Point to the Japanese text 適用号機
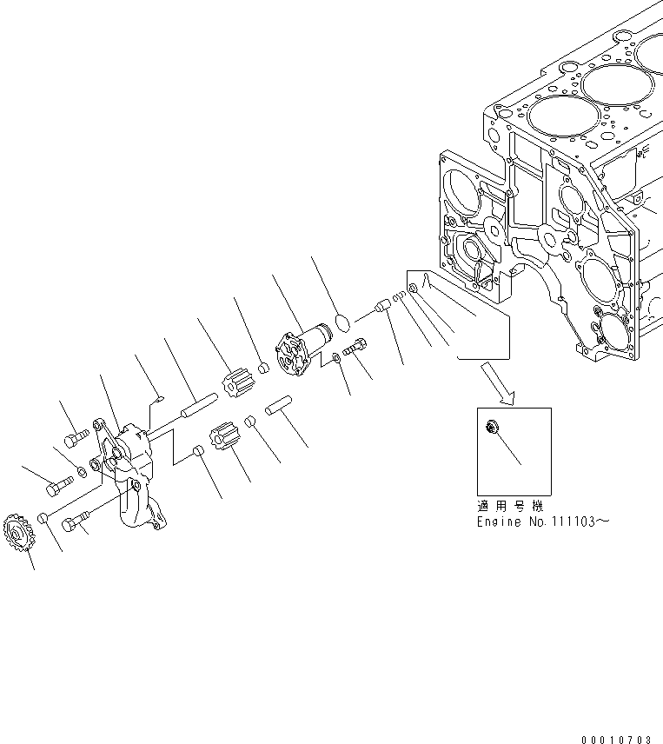pyautogui.click(x=509, y=506)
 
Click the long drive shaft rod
pyautogui.click(x=198, y=406)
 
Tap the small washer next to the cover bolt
pyautogui.click(x=335, y=358)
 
